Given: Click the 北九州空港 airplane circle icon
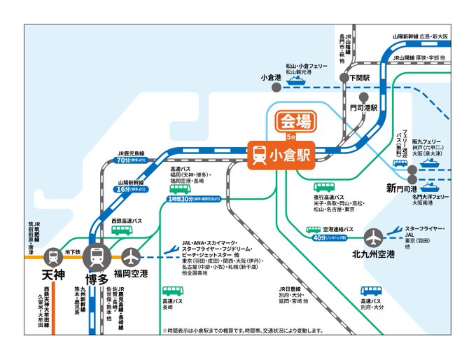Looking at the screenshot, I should click(x=374, y=235).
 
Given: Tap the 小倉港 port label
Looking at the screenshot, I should click(x=270, y=77).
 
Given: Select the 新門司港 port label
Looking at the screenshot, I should click(x=402, y=188).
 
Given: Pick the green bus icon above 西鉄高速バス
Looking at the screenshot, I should click(x=122, y=231).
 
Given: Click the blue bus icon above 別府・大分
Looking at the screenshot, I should click(x=371, y=290).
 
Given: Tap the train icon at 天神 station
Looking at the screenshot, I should click(x=52, y=257).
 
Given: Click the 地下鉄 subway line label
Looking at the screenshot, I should click(x=73, y=251).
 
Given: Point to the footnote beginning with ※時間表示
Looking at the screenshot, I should click(x=242, y=330).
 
